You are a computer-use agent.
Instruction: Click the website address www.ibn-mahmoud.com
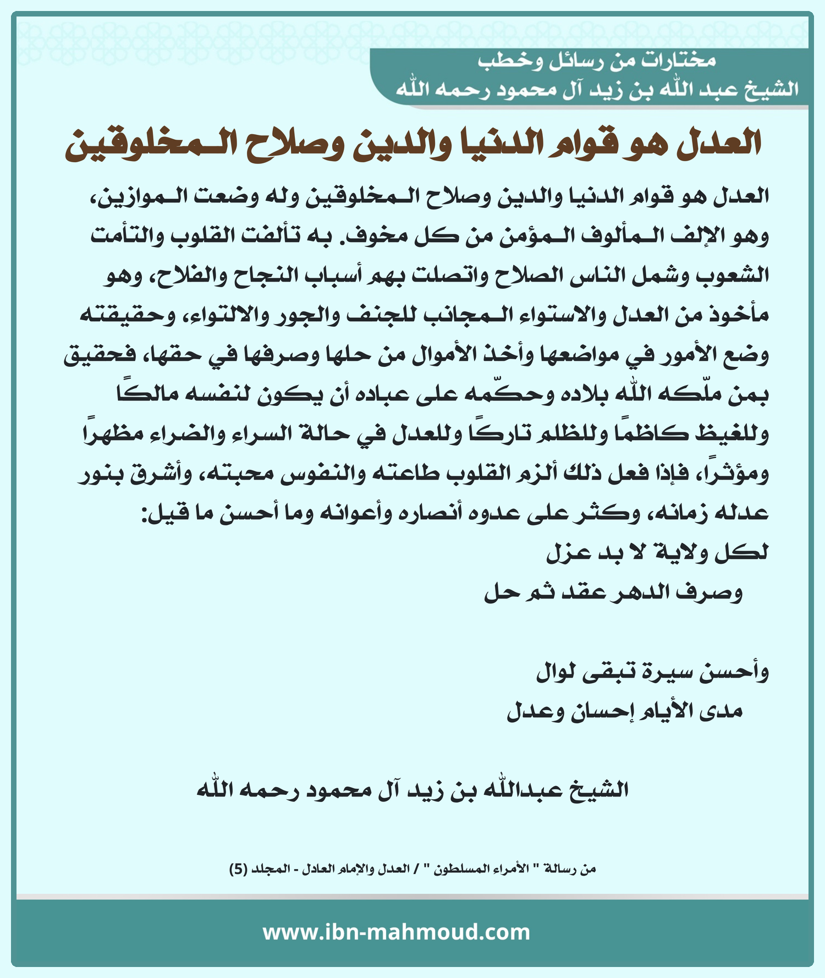coord(396,932)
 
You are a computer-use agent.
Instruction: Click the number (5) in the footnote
coord(238,870)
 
